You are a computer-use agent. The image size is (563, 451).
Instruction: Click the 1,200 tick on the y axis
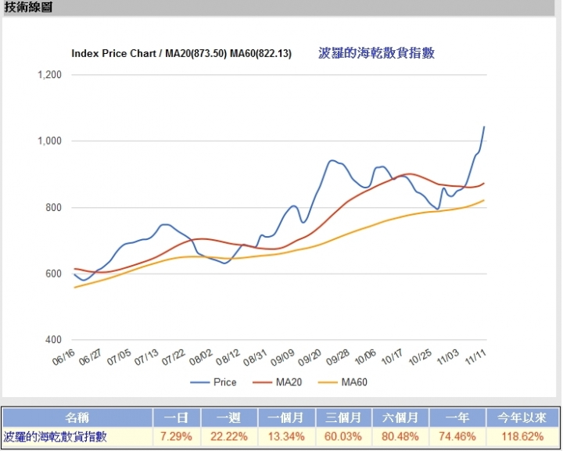[x=50, y=75]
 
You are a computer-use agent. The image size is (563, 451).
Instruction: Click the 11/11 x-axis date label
[x=475, y=357]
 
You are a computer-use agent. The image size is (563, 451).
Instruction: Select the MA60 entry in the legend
[x=349, y=382]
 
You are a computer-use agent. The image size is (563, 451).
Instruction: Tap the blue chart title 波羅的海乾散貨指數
[x=377, y=53]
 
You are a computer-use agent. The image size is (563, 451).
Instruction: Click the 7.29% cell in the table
[x=177, y=436]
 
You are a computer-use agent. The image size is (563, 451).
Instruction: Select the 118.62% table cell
[x=522, y=436]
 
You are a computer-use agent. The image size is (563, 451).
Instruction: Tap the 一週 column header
[x=233, y=418]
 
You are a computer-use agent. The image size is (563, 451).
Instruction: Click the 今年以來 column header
[x=522, y=418]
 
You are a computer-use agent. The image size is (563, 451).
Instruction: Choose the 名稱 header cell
[x=77, y=418]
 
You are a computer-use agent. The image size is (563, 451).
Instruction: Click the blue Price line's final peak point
[x=484, y=127]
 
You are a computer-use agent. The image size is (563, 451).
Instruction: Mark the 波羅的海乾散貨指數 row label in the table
[x=56, y=436]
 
